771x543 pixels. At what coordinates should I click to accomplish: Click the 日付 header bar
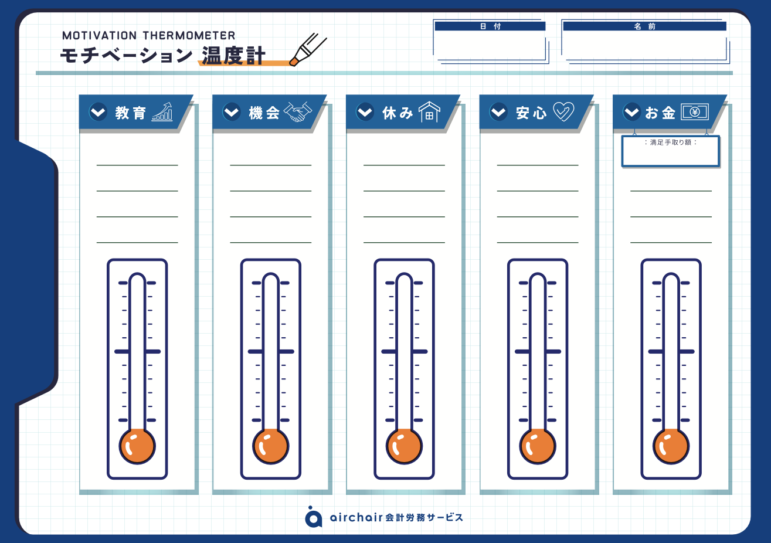click(x=490, y=26)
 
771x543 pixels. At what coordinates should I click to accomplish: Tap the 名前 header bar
click(x=644, y=26)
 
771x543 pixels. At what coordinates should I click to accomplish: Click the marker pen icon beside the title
click(x=308, y=49)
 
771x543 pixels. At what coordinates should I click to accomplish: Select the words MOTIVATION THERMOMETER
click(x=149, y=35)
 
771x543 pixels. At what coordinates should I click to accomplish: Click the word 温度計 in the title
click(x=233, y=56)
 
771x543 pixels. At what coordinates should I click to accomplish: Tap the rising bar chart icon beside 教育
click(x=162, y=111)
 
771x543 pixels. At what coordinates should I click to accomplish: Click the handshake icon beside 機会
click(x=298, y=111)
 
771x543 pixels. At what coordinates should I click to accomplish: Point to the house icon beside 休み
click(x=429, y=111)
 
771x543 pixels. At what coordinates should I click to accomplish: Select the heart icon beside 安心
click(x=563, y=111)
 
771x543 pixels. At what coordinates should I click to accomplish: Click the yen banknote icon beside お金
click(x=695, y=111)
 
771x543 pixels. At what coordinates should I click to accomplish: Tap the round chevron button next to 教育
click(x=98, y=111)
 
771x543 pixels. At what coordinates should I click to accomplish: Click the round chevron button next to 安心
click(x=498, y=111)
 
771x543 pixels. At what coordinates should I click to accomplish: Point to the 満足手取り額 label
click(x=670, y=142)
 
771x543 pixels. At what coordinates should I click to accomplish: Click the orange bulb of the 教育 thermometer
click(x=137, y=446)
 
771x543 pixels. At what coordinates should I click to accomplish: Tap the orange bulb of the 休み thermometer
click(x=404, y=446)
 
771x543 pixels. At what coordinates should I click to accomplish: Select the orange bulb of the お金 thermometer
click(x=671, y=446)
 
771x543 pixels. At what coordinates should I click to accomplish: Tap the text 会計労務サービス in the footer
click(x=424, y=518)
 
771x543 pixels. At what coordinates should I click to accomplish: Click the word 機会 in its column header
click(x=264, y=113)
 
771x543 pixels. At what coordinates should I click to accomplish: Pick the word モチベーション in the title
click(x=126, y=56)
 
